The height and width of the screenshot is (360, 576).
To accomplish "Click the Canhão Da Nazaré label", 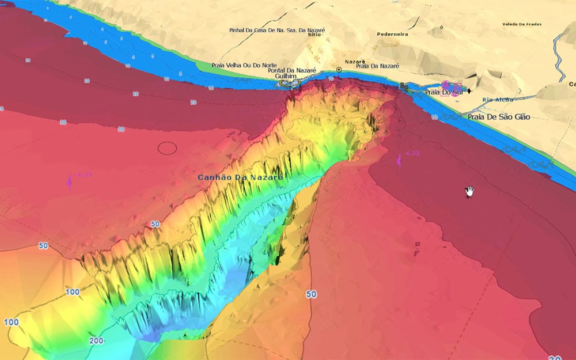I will click(x=240, y=177).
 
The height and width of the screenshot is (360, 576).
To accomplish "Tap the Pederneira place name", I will click(x=392, y=34).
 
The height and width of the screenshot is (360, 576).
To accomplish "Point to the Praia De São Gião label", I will click(x=499, y=117).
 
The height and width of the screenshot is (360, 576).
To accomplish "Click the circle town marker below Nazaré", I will click(x=339, y=70).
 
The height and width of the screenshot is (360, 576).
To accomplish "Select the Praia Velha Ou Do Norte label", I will click(x=236, y=65).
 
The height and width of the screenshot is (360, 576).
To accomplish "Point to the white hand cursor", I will click(x=469, y=191).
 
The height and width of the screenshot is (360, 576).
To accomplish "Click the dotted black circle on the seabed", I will click(x=168, y=148).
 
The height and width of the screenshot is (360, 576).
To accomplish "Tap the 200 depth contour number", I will click(x=97, y=341).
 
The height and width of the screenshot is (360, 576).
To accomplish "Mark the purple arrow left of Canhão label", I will click(x=70, y=181).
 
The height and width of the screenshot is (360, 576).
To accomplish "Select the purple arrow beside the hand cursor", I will click(x=399, y=161).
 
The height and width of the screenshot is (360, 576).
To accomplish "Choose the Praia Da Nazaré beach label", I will click(x=377, y=66).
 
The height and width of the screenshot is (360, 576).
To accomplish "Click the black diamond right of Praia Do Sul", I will click(x=469, y=91).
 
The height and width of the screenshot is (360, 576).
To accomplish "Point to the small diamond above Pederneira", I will click(x=441, y=26).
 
